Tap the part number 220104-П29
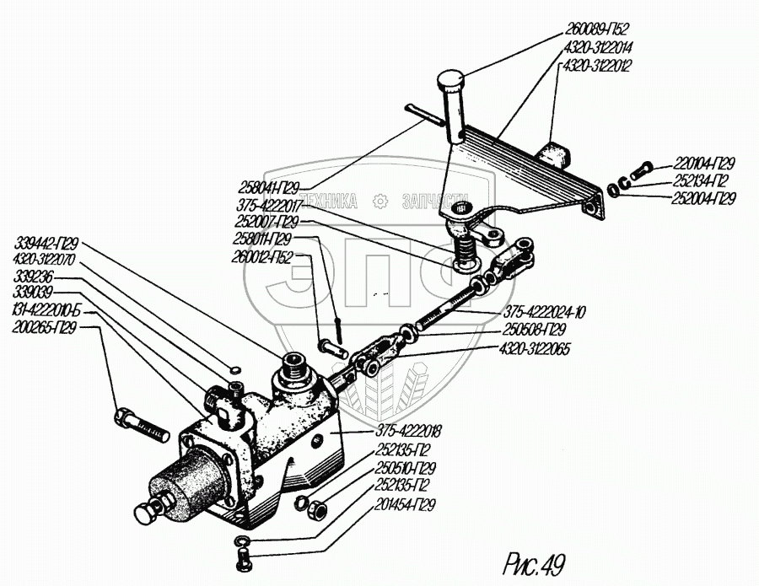tap(705, 164)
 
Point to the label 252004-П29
tap(705, 199)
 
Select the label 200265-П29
tap(45, 328)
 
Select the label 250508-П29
tap(532, 330)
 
